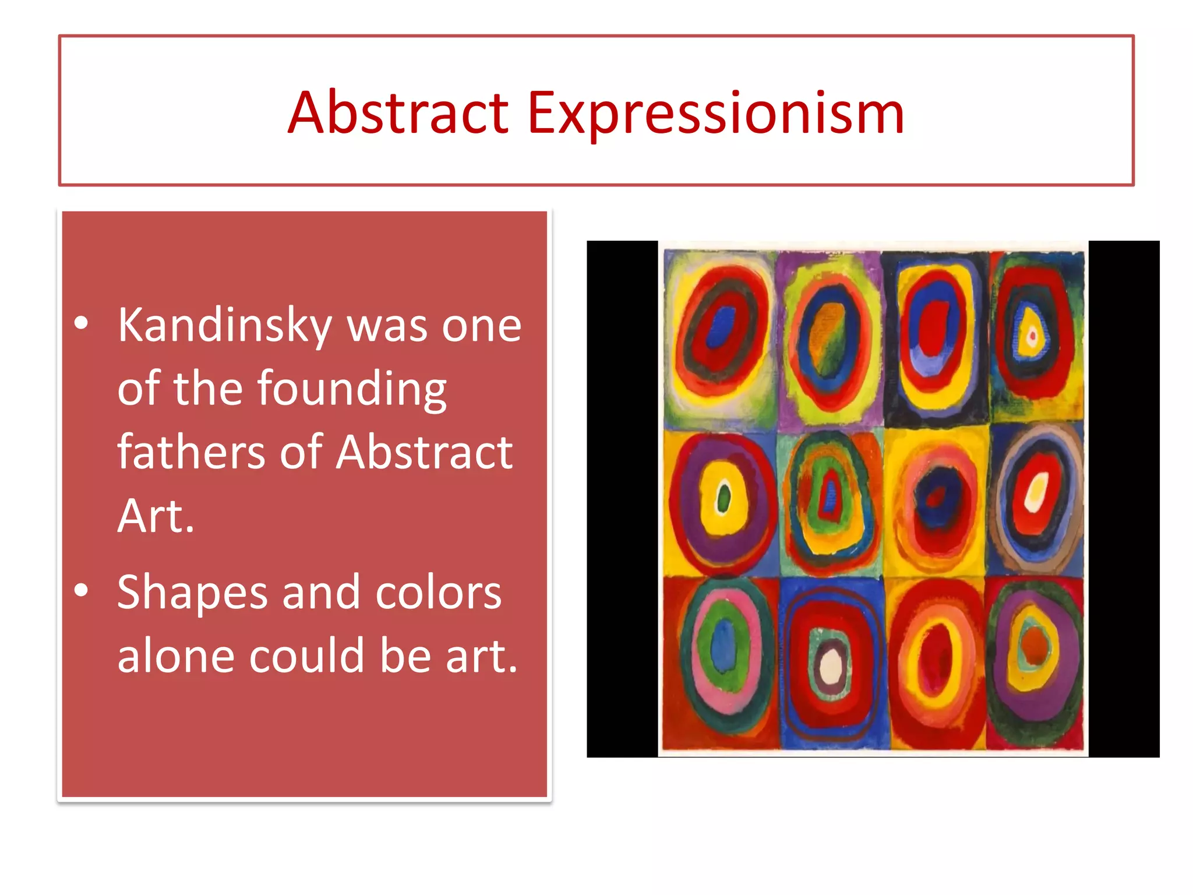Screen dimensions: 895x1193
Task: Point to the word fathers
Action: (191, 452)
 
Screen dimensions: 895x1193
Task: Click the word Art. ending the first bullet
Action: (156, 516)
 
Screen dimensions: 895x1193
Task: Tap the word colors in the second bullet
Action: (438, 593)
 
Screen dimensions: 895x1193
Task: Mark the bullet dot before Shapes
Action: (82, 590)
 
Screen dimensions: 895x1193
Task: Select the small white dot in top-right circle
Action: (1032, 336)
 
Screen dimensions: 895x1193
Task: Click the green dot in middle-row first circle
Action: (723, 499)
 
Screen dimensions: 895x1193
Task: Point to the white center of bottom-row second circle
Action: (831, 667)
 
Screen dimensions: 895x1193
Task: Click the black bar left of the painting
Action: (622, 499)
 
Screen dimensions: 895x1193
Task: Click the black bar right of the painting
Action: (1124, 499)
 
